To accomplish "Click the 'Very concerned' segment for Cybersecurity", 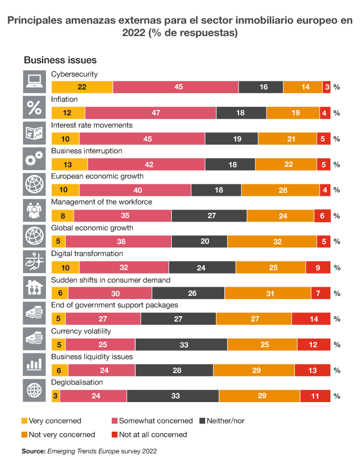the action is point(82,87).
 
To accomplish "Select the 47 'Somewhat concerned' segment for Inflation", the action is point(150,113).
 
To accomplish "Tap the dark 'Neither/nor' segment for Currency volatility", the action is point(181,345).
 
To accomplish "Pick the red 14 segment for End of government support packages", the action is point(311,319).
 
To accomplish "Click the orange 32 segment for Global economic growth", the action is point(272,241).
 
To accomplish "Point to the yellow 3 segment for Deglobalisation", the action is point(56,396).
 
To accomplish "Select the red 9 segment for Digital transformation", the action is point(318,268).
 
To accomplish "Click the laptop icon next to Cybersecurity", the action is point(34,82).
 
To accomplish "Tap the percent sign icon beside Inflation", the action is point(34,107).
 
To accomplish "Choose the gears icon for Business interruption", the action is point(34,159).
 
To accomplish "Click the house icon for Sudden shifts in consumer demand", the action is point(34,287).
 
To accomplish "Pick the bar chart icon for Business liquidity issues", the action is point(34,364).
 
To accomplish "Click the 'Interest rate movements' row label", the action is point(91,125).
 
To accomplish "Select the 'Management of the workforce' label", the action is point(101,202).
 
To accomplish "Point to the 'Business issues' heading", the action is point(60,60).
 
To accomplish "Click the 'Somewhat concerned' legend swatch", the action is point(114,421).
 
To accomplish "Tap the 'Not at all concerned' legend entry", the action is point(149,434).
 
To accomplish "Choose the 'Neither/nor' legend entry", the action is point(222,421).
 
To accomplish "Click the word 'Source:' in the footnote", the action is point(33,451).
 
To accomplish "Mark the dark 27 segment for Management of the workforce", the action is point(209,216).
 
